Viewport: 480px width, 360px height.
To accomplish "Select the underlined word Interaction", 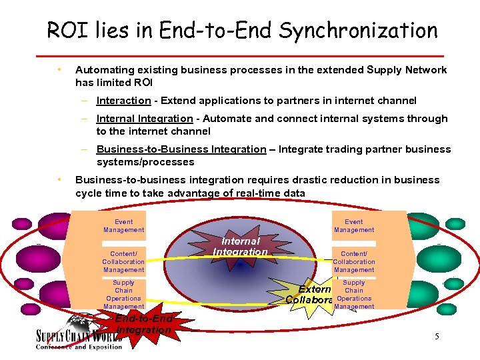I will [x=123, y=101].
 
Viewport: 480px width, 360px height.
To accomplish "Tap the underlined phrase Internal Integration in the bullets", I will [x=145, y=119].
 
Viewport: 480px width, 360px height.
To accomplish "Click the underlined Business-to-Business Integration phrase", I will [x=181, y=149].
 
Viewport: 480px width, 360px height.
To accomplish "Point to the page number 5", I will [x=437, y=336].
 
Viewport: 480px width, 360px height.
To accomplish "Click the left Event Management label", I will [x=123, y=226].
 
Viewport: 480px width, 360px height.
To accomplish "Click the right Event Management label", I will [x=354, y=226].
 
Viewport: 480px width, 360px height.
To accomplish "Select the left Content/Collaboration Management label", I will [x=123, y=262].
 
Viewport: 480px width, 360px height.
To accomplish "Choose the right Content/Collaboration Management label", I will [x=354, y=262].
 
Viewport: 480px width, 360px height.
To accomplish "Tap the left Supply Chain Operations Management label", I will [x=123, y=295].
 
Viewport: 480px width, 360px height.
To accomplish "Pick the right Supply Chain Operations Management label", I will [x=354, y=295].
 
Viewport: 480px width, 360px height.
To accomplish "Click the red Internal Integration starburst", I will [x=240, y=247].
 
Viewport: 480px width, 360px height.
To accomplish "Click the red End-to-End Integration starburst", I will [x=143, y=324].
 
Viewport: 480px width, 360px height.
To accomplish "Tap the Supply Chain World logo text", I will [x=79, y=337].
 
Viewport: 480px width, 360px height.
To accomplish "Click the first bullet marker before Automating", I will [x=60, y=69].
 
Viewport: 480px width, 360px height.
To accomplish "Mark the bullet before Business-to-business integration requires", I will [x=60, y=179].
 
